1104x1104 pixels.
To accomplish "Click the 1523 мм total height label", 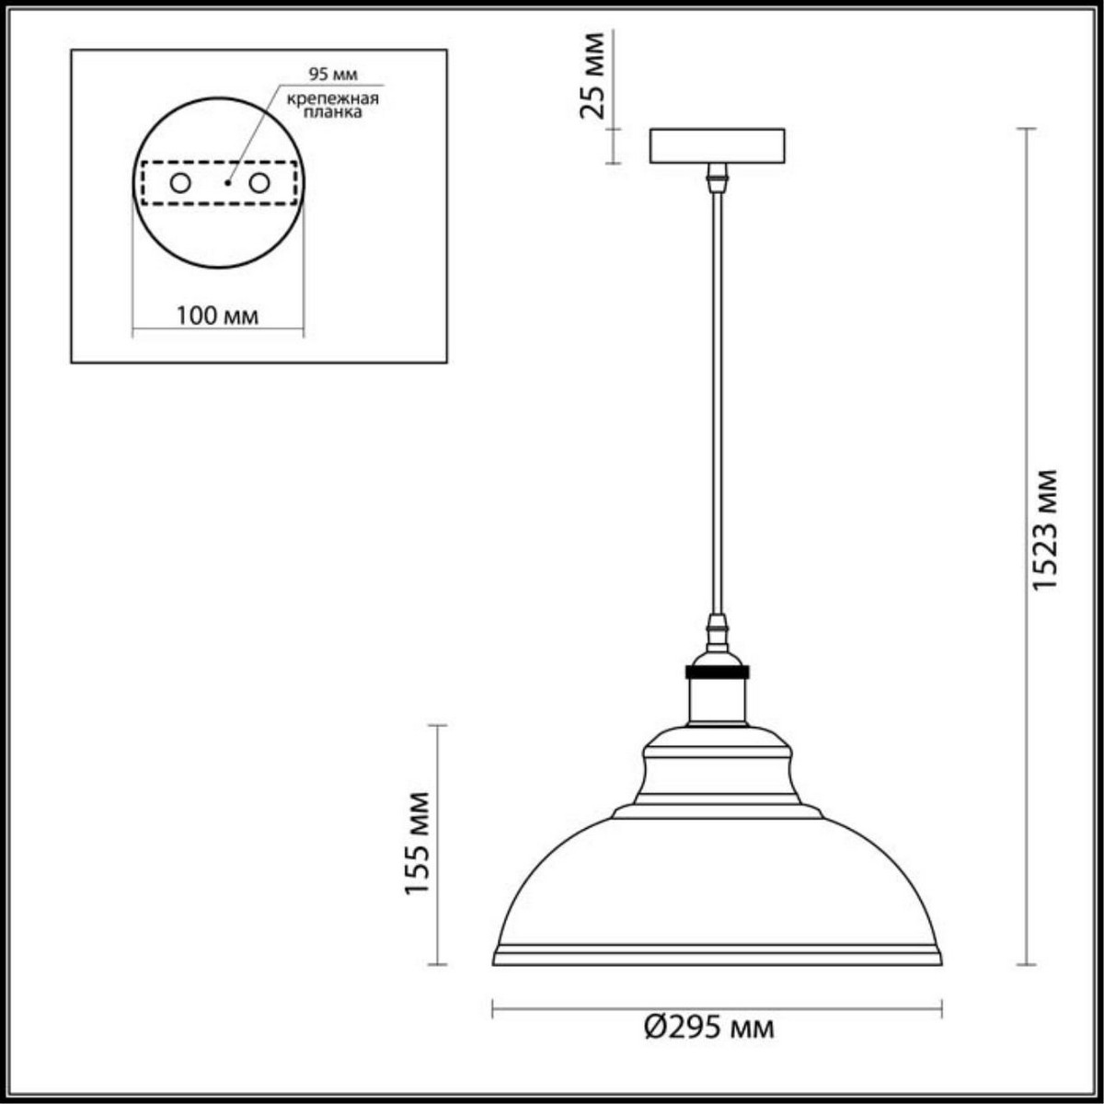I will pos(1045,530).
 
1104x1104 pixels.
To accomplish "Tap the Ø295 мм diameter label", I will pos(708,1027).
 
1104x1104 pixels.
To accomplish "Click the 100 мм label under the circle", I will pos(217,316).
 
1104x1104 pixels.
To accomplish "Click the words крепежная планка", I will pos(331,106).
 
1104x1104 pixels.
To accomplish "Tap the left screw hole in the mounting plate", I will pos(180,183).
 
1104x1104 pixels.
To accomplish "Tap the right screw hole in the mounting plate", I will pos(259,183).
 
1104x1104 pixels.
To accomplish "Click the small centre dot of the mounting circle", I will pos(227,183).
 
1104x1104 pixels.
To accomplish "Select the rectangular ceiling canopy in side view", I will pos(717,146).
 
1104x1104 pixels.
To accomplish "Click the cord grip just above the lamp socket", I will pos(716,633).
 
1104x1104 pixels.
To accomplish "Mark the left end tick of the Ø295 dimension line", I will pos(494,1010).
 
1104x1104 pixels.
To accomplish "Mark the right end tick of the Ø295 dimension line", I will pos(940,1010).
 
